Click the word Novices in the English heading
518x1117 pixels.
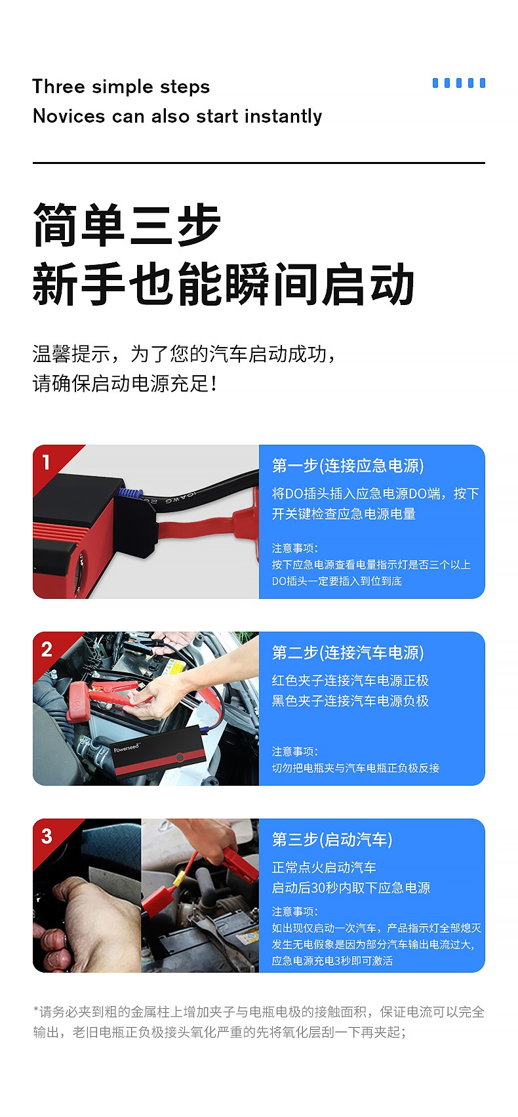point(69,116)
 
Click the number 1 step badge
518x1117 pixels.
point(46,462)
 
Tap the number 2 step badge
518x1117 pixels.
point(47,649)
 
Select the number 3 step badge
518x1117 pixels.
point(47,836)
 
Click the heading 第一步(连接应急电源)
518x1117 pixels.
point(348,466)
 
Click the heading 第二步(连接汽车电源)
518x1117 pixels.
point(348,653)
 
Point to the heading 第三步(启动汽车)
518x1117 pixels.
point(332,840)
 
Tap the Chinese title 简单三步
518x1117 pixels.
point(127,225)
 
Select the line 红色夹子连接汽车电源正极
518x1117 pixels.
point(350,681)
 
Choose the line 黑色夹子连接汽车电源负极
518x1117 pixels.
point(350,701)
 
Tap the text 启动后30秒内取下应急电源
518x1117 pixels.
point(351,888)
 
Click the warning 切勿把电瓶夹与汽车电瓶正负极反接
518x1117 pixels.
point(355,768)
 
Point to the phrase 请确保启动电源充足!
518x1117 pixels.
point(125,384)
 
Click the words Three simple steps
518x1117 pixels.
point(121,87)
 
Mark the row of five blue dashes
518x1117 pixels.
point(459,83)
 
